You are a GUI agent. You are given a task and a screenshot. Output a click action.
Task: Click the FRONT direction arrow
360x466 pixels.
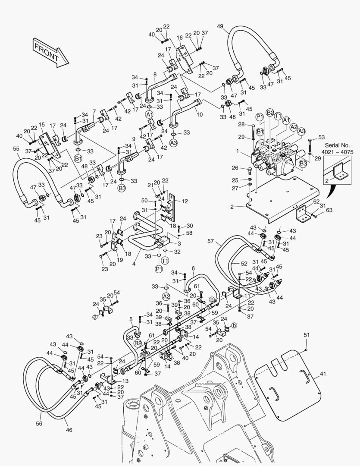(48, 51)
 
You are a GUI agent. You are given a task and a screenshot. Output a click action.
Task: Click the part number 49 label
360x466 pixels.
(220, 26)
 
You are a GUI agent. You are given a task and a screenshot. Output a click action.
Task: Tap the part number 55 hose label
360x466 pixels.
(16, 148)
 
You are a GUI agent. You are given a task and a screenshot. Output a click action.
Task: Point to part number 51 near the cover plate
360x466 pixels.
(307, 335)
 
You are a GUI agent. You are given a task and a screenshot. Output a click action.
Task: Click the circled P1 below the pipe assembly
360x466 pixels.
(158, 269)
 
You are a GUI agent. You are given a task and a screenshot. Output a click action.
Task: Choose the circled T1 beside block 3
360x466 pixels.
(165, 261)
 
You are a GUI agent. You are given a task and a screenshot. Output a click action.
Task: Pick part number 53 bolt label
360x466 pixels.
(321, 138)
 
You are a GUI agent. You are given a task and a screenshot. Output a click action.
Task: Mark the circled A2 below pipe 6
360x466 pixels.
(166, 296)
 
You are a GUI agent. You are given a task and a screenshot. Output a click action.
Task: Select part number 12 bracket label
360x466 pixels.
(185, 202)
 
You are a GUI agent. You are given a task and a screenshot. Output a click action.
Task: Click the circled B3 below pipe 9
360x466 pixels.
(122, 189)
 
